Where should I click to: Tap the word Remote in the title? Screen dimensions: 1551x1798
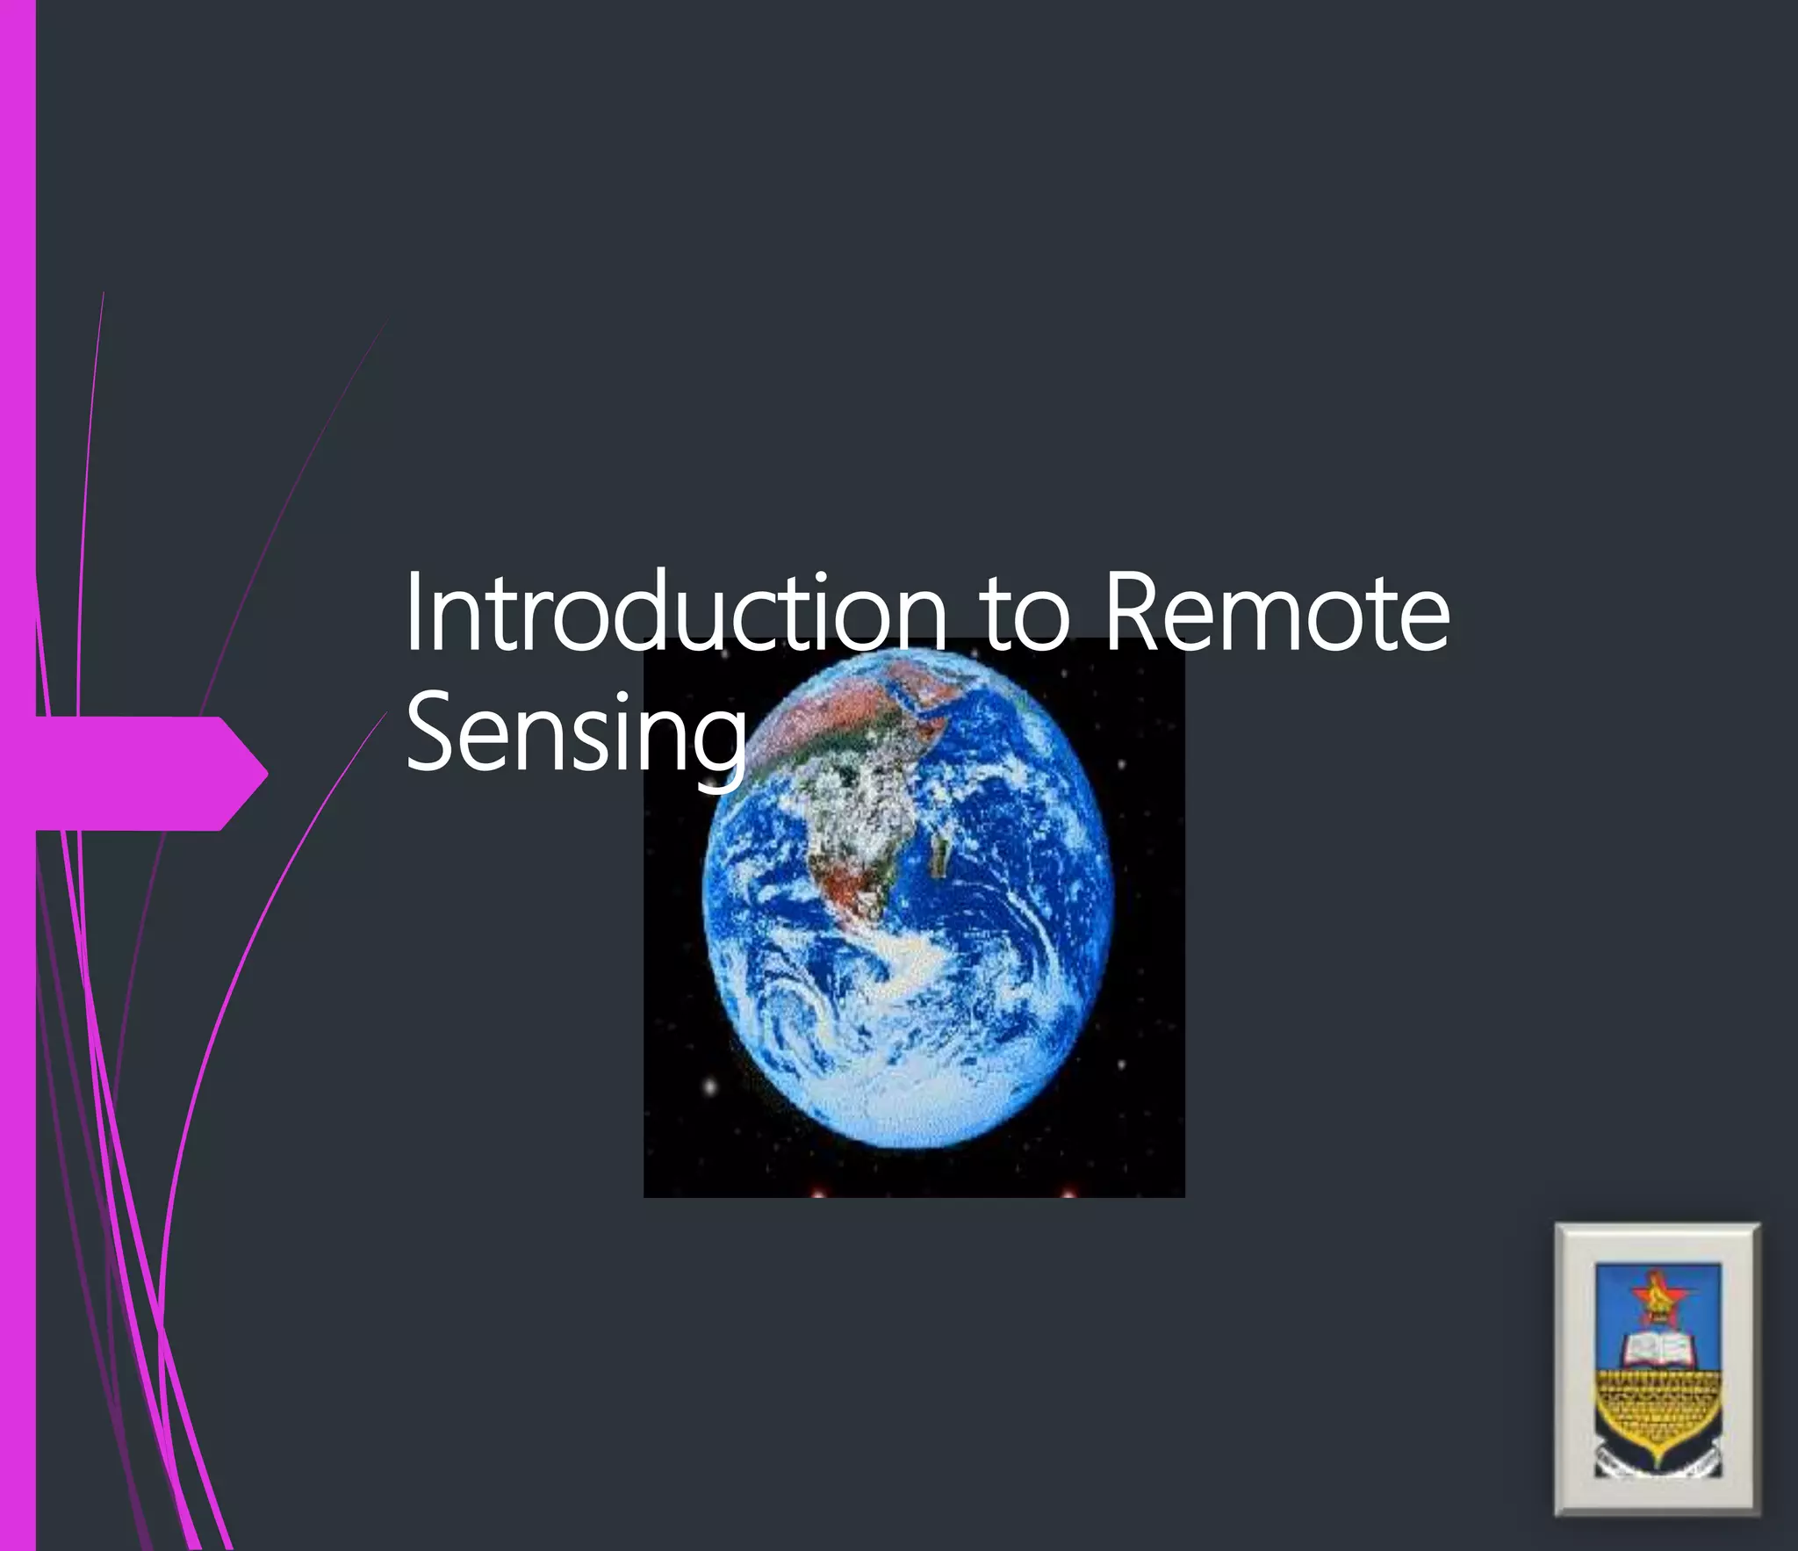click(x=1276, y=613)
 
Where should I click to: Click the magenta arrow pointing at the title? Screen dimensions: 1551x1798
click(x=149, y=773)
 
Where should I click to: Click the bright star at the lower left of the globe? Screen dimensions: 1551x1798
click(x=710, y=1087)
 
